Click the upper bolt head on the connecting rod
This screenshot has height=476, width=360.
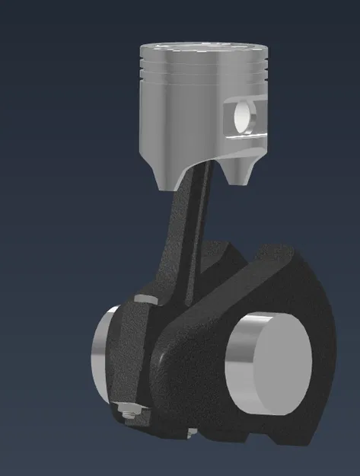pos(142,299)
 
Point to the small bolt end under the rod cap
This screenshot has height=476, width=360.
pos(192,434)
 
